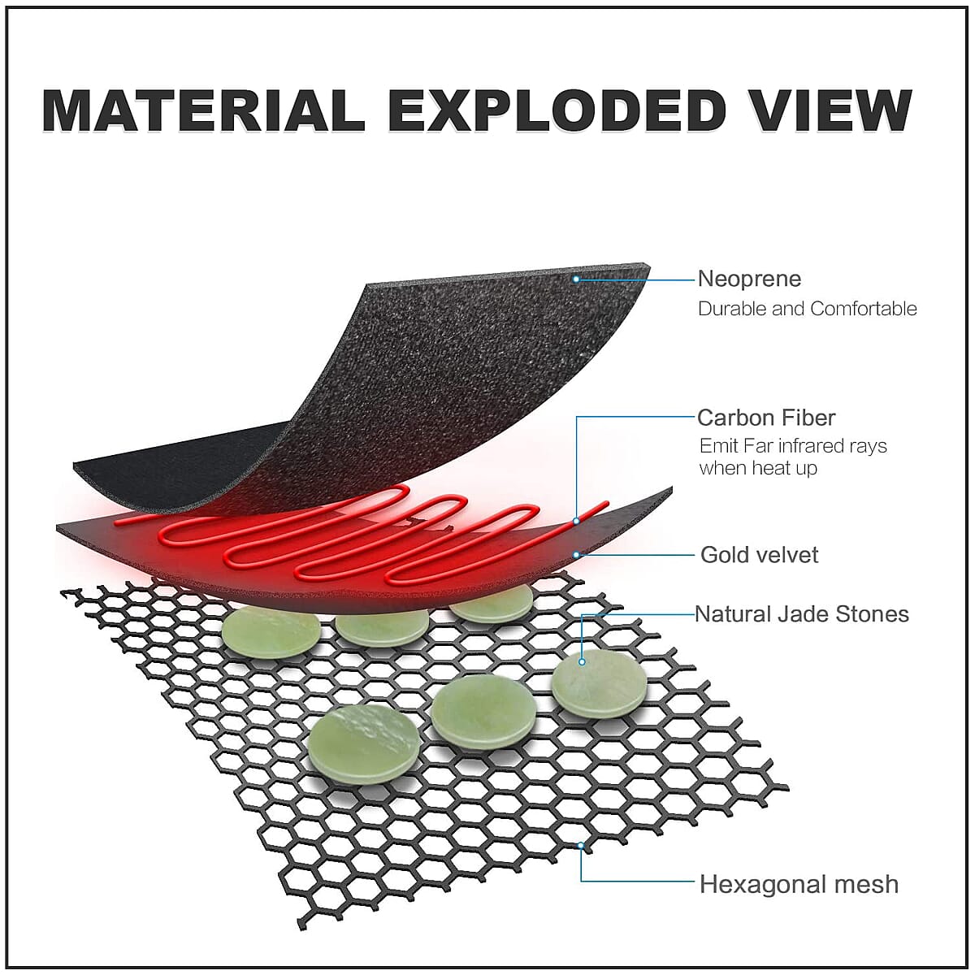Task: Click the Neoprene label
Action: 749,279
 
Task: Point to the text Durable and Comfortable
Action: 807,309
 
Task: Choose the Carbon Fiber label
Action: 766,418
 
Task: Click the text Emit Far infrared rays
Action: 793,446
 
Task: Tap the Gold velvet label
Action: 760,555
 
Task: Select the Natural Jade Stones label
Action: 802,613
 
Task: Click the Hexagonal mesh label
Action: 799,884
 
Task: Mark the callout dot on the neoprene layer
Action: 575,279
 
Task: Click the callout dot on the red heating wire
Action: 576,521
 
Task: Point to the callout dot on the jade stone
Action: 583,662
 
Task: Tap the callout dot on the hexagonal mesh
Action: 581,846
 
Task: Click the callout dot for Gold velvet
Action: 576,555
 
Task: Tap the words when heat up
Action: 758,468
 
